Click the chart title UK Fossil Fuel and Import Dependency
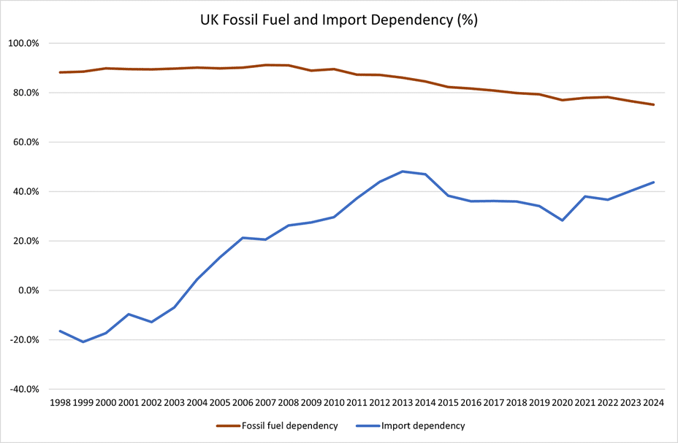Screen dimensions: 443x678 [339, 20]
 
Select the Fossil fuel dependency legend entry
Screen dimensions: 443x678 [277, 425]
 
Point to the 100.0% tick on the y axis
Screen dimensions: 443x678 [24, 43]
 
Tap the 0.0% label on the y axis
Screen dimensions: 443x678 [27, 290]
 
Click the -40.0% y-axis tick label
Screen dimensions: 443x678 [23, 389]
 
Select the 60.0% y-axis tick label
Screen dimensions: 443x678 [26, 142]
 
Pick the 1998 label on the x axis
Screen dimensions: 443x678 [60, 403]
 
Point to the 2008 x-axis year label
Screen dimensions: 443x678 [289, 403]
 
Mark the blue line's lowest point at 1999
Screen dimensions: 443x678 [83, 342]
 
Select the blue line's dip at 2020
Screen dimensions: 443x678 [563, 220]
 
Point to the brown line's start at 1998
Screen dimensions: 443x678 [60, 72]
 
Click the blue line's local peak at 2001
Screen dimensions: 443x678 [129, 315]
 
